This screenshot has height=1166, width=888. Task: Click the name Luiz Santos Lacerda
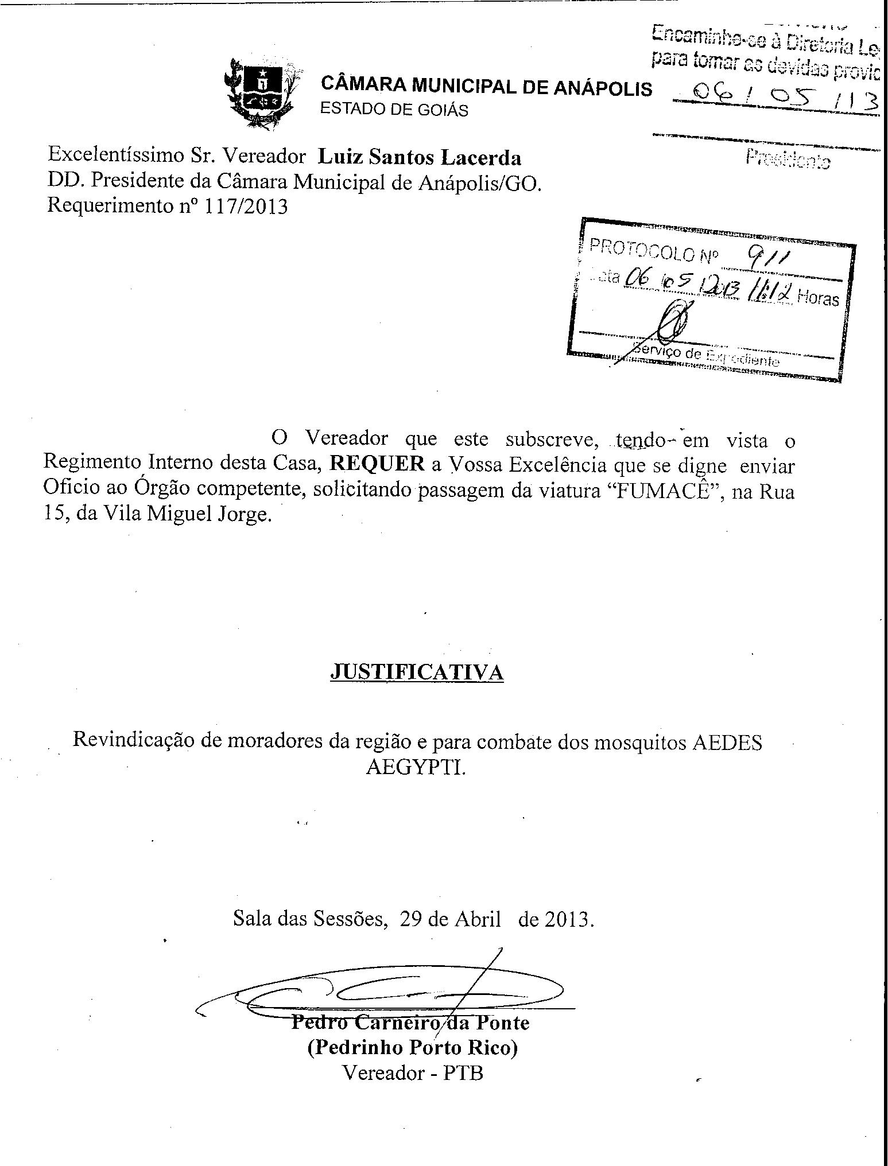point(420,157)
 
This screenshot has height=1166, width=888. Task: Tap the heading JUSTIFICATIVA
point(417,672)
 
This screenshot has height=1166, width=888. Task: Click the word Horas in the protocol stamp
point(817,299)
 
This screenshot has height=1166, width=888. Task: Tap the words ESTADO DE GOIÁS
point(393,110)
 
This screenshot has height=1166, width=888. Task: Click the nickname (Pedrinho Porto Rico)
point(412,1048)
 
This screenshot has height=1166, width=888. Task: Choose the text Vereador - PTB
point(412,1072)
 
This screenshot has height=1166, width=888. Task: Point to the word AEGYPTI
point(416,767)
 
